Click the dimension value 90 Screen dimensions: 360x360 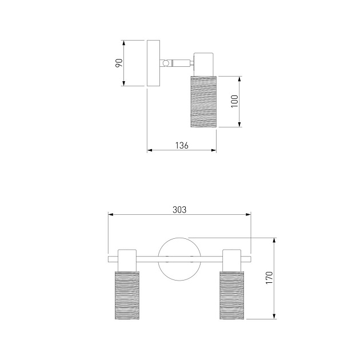pos(119,63)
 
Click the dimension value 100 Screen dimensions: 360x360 pos(235,101)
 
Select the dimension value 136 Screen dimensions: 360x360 pos(182,145)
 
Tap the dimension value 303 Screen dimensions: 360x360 pos(179,210)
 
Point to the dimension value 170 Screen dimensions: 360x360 pos(269,278)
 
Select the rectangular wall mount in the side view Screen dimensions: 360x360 pos(153,63)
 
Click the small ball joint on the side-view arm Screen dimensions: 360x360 pos(165,63)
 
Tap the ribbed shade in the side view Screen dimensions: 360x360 pos(203,102)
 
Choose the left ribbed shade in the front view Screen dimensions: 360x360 pos(127,295)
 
